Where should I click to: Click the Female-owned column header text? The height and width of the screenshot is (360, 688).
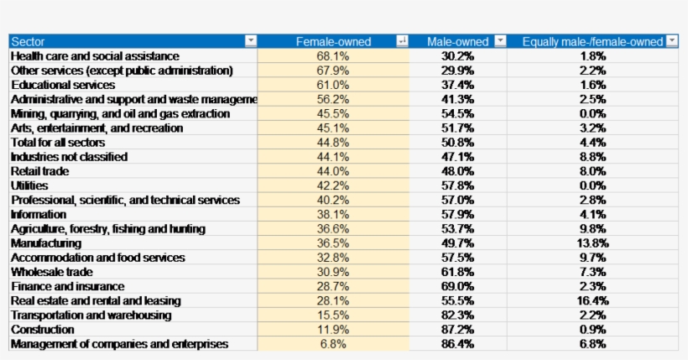[333, 41]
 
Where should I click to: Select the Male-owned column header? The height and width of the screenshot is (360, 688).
[457, 41]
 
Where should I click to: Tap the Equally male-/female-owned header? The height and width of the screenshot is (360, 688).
[592, 41]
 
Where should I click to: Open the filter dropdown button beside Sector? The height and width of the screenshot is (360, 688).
[250, 41]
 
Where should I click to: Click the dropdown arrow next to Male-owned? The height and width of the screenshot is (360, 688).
[500, 41]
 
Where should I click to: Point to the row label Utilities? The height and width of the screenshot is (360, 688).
[29, 185]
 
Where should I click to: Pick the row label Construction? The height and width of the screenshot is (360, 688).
[43, 330]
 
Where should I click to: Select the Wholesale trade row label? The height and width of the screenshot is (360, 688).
[52, 272]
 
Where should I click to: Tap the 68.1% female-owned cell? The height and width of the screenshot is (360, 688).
[333, 56]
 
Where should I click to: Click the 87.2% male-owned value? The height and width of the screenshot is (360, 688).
[457, 330]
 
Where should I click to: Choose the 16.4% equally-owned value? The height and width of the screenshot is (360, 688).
[592, 300]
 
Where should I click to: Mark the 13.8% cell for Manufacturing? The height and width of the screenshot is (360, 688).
[592, 243]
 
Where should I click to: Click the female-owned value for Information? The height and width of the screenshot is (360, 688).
[333, 214]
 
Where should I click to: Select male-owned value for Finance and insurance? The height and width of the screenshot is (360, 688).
[457, 286]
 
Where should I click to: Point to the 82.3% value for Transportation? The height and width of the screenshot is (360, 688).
[457, 316]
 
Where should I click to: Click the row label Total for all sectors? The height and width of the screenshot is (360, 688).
[58, 143]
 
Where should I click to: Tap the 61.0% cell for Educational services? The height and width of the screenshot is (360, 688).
[333, 85]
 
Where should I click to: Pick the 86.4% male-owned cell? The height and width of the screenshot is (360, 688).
[457, 344]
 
